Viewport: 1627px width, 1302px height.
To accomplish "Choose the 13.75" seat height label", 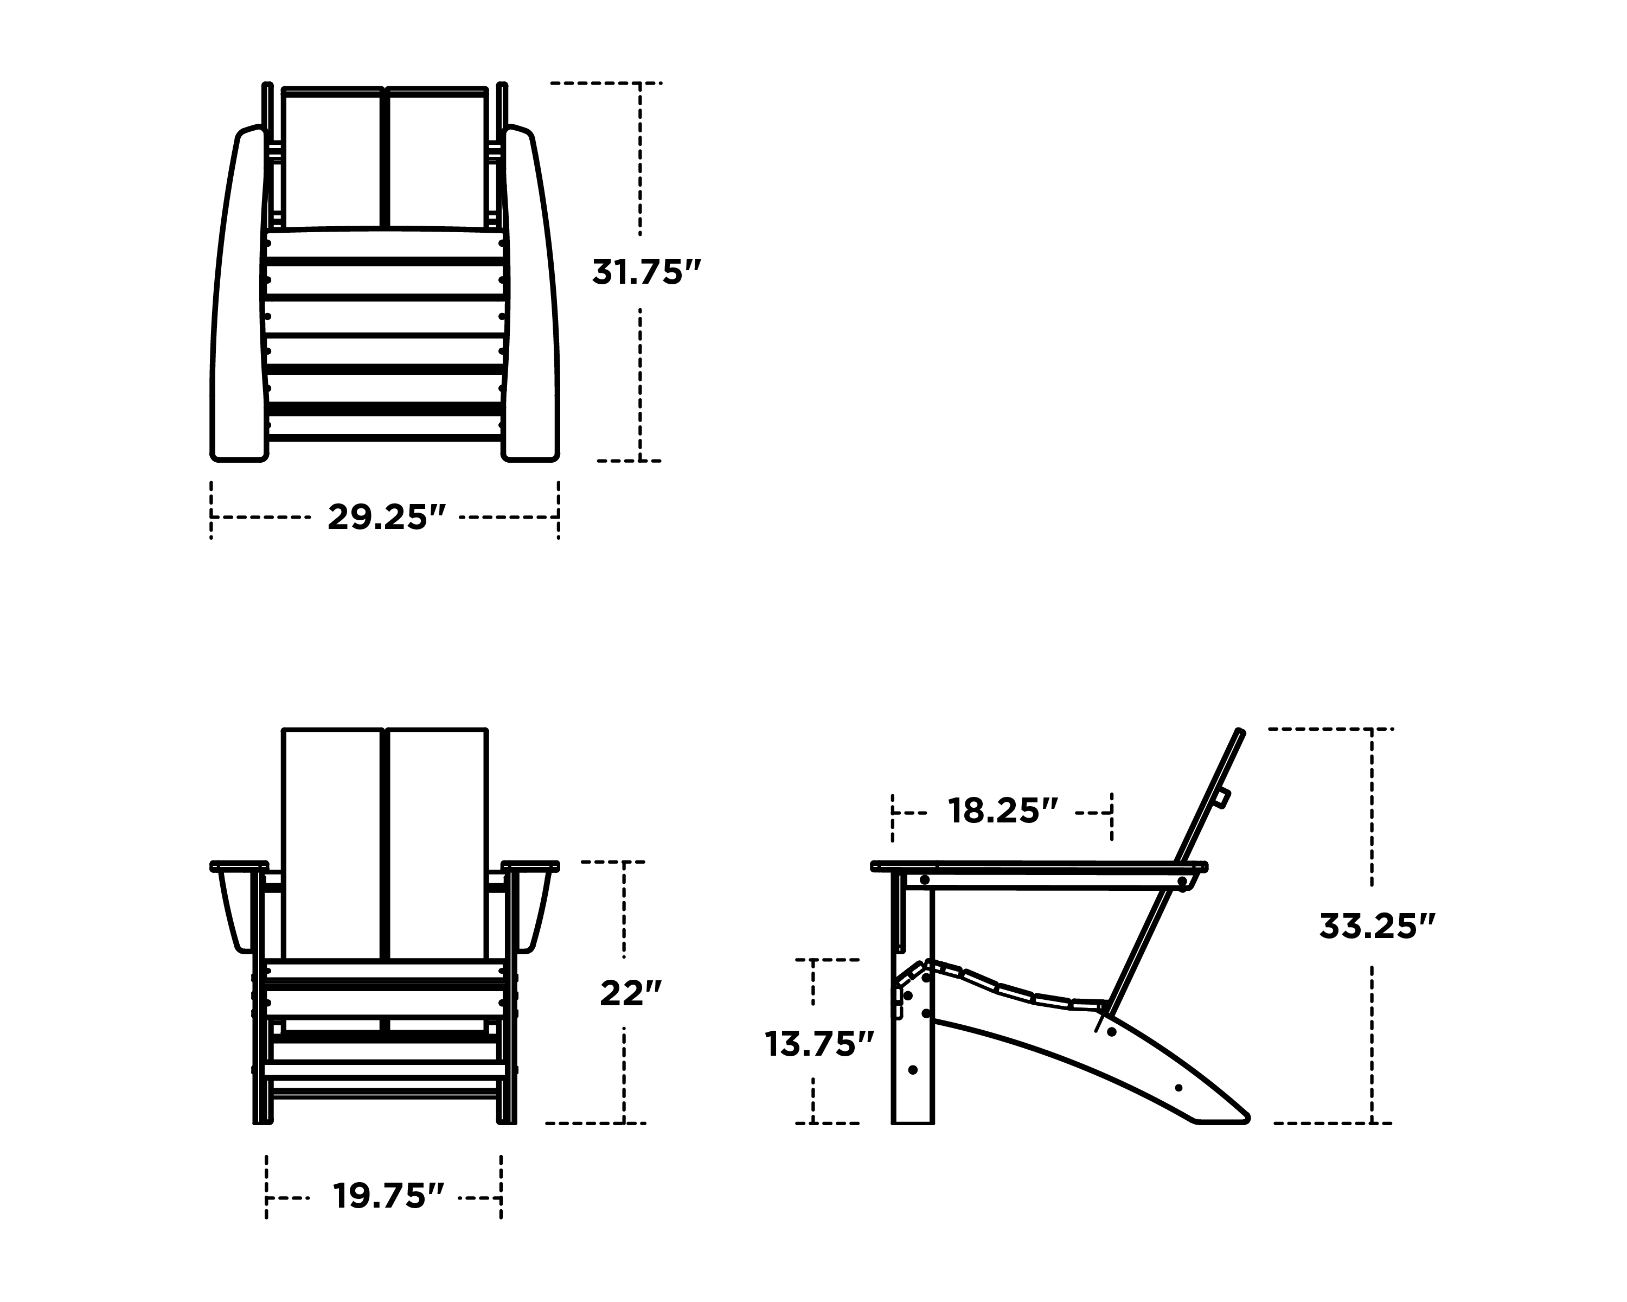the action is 819,1045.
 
